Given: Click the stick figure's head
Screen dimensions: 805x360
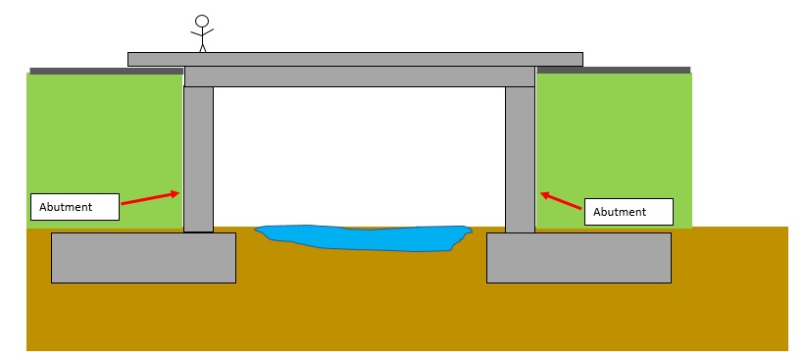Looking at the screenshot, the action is pos(202,21).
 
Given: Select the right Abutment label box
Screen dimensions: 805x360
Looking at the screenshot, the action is pos(629,212).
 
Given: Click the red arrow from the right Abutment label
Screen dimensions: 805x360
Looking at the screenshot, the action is pos(562,200).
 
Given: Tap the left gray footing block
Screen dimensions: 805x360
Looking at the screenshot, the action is pos(143,257).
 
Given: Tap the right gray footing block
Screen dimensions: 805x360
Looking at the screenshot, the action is pos(579,257).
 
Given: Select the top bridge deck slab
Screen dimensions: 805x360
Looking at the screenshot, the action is pos(355,59).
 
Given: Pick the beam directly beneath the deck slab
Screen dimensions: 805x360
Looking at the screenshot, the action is pos(359,77).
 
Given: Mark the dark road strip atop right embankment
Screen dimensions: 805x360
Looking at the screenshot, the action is pos(613,70).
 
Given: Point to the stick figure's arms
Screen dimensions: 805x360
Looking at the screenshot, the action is pos(202,33).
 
